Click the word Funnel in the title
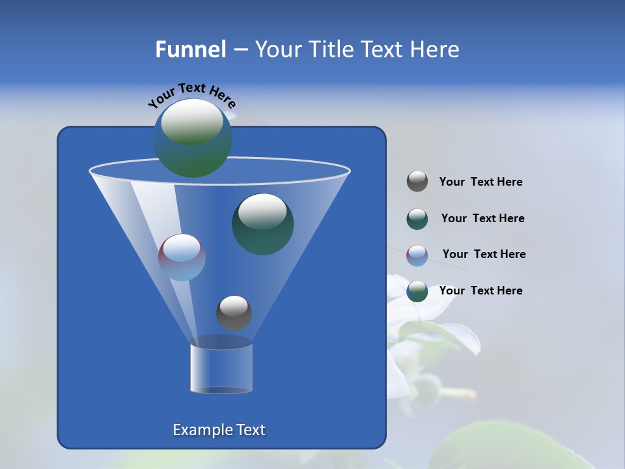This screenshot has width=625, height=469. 190,50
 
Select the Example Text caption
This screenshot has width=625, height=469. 219,430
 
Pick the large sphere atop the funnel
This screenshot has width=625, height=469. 193,138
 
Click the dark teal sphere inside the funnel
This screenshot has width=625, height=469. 263,224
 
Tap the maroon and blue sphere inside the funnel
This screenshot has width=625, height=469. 182,257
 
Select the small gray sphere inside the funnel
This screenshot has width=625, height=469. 234,313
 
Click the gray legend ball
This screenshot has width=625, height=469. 417,182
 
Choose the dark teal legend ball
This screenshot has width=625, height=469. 417,219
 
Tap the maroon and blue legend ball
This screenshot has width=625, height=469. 417,255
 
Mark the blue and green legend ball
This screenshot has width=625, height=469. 417,291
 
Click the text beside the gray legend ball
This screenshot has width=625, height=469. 481,182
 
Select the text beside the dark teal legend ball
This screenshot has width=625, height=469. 482,219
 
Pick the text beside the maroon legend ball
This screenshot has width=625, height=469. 484,255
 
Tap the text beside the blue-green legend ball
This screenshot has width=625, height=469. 481,291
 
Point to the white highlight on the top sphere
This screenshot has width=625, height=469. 191,121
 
